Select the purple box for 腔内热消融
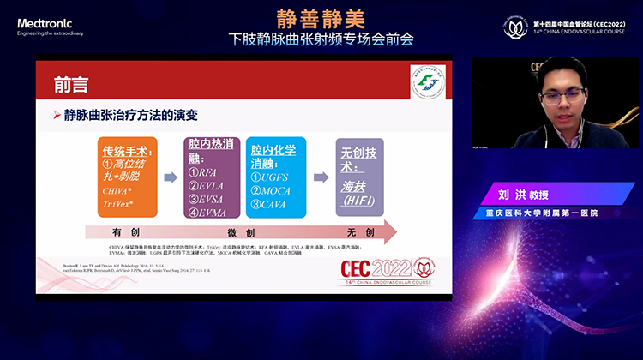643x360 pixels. (x=213, y=178)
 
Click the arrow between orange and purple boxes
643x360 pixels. (x=171, y=178)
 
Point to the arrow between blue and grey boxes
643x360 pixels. (x=321, y=178)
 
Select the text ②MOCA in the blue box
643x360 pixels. (x=271, y=189)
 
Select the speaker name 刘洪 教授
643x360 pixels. (x=520, y=193)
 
